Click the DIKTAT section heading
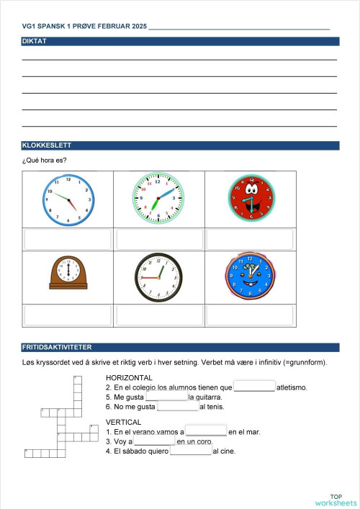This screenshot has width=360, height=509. pos(35,41)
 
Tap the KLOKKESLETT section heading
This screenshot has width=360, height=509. pos(45,145)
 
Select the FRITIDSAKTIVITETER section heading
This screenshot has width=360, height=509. pos(56,347)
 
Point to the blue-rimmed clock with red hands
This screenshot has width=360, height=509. pos(69,199)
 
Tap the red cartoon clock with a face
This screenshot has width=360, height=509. pos(251,197)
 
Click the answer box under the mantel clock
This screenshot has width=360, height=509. pos(69,315)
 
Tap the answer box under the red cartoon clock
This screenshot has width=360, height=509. pos(251,239)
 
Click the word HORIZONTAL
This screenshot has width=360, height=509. pos(129,377)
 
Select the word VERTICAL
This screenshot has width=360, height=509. pos(124,422)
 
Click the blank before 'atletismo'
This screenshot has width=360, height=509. pos(254,387)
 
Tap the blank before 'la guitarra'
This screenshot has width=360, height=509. pos(166,397)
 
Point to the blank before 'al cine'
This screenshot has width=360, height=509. pos(191,451)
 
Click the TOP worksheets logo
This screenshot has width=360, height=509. pos(336,500)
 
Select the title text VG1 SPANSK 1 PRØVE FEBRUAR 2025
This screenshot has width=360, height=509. pos(84,26)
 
